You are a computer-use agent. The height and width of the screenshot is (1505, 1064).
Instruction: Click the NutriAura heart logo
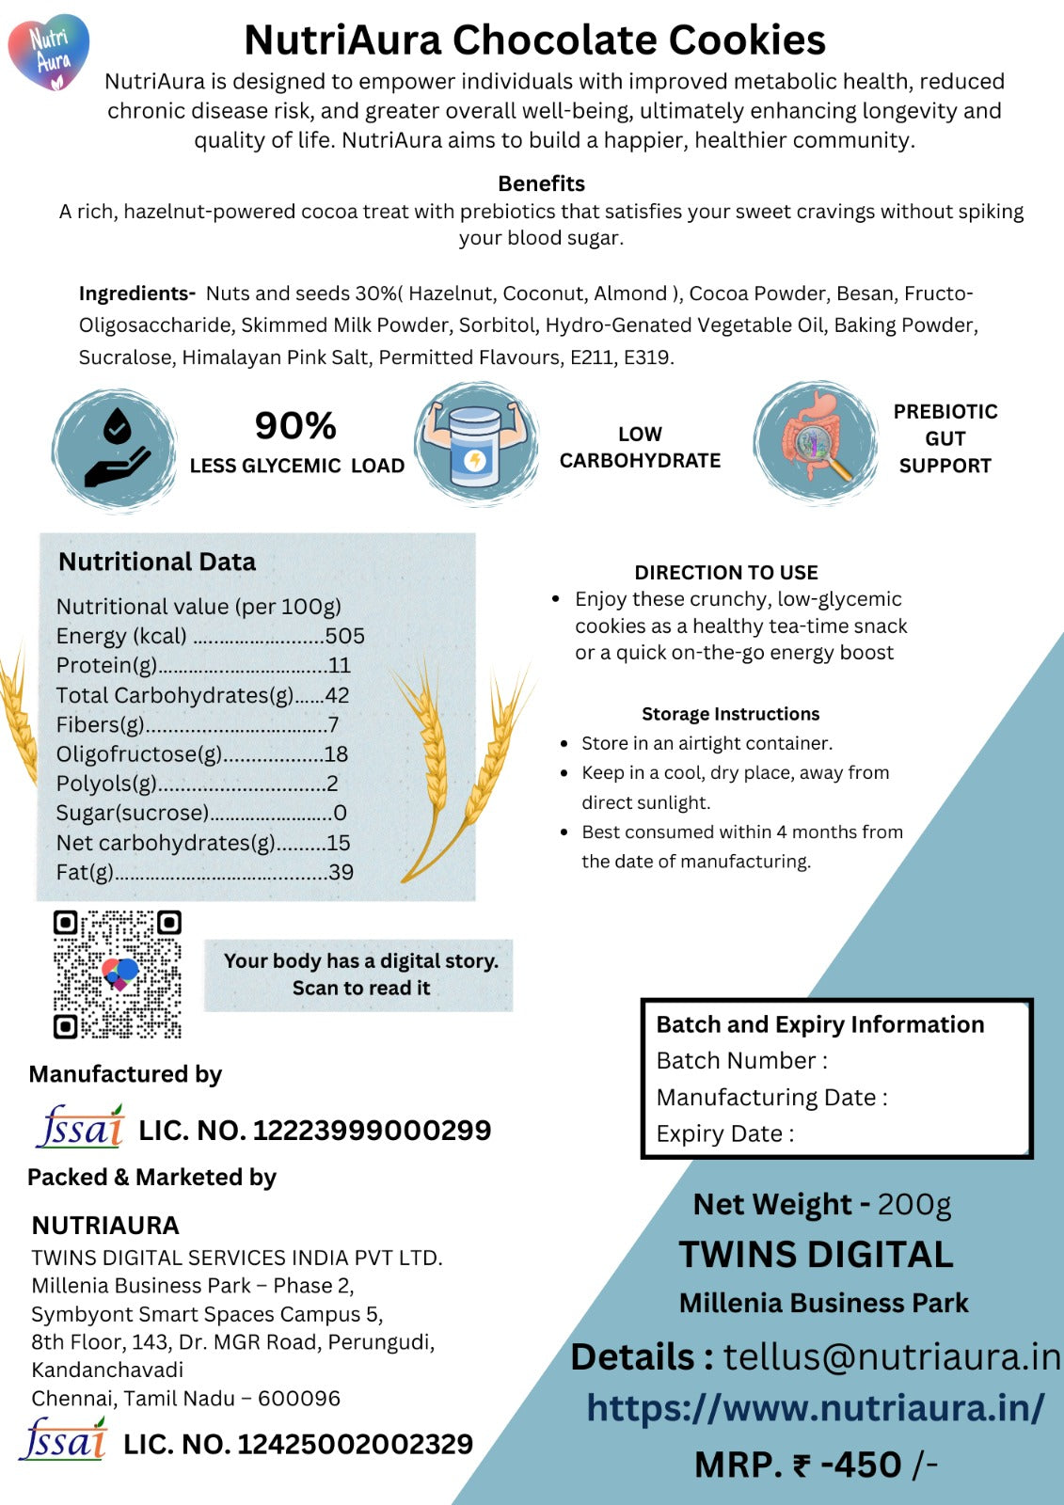coord(49,52)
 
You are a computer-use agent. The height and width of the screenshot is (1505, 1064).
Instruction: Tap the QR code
coord(117,974)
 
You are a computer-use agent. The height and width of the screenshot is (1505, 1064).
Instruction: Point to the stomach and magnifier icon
coord(816,442)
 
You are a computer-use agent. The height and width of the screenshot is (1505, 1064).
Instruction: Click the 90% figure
coord(295,426)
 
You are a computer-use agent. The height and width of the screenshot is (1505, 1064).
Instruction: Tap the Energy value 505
coord(344,636)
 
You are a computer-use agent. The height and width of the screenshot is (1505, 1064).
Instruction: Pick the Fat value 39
coord(341,872)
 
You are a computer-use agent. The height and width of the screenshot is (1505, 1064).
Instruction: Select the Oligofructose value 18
coord(336,754)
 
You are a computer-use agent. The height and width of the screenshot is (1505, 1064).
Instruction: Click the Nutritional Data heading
coord(157,562)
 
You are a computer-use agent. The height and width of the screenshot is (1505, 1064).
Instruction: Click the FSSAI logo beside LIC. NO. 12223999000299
coord(80,1127)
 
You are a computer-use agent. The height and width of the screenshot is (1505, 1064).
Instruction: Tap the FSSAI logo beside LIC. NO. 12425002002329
coord(64,1440)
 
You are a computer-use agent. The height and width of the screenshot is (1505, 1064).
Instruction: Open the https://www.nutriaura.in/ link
coord(815,1408)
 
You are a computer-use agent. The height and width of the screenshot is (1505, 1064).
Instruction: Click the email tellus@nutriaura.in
coord(891,1356)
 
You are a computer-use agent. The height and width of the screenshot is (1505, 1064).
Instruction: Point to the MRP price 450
coord(861,1465)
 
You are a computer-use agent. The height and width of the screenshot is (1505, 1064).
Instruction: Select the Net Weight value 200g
coord(914,1204)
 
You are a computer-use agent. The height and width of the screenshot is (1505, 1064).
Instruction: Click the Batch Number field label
coord(741,1060)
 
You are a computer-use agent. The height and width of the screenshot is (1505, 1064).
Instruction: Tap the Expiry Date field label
coord(724,1133)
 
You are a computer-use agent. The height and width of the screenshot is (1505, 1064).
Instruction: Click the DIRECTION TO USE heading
coord(725,572)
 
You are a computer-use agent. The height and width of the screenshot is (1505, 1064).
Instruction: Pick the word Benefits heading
coord(541,183)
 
